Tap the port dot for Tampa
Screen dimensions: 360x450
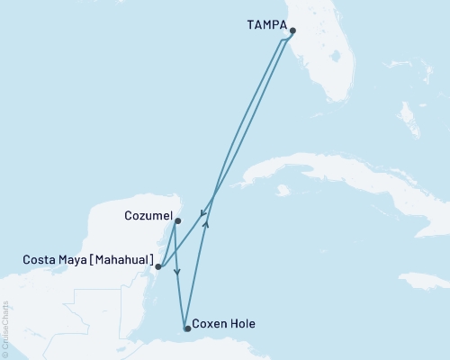click(292, 30)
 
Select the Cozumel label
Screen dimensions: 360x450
click(148, 217)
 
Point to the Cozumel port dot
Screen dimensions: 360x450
click(177, 220)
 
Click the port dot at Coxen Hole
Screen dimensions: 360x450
click(186, 328)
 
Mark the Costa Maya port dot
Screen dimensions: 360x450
click(157, 266)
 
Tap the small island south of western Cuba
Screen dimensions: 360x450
click(283, 191)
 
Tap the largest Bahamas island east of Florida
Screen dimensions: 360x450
click(406, 117)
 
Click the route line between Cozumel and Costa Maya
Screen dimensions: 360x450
click(167, 244)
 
